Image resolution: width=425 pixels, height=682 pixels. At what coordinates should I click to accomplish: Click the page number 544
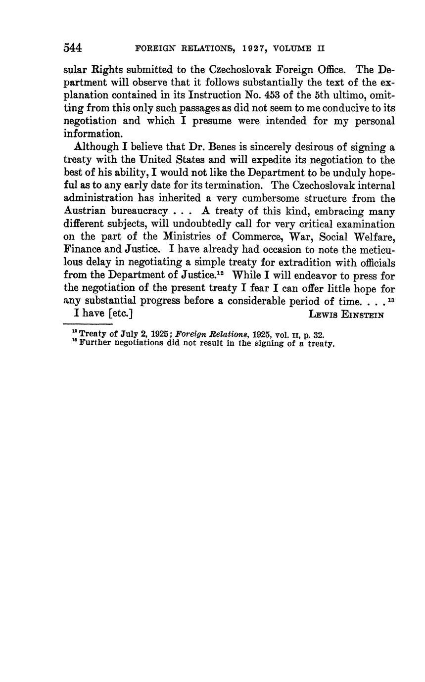(72, 48)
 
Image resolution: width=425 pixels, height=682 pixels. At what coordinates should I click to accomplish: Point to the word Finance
(82, 250)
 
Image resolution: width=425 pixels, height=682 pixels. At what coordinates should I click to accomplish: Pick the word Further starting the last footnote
(95, 343)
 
